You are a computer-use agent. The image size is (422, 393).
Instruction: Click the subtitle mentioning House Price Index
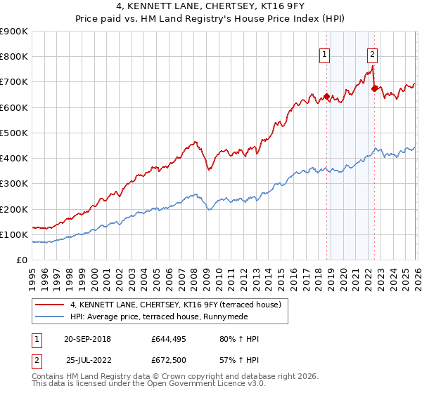[x=210, y=20]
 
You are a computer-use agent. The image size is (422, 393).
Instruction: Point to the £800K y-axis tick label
[x=13, y=57]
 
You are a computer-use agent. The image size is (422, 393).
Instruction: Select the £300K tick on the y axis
[x=13, y=184]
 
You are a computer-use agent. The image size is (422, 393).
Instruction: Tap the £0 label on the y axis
[x=21, y=260]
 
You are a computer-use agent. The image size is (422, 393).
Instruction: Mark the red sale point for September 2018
[x=326, y=96]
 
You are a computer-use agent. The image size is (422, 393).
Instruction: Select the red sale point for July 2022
[x=374, y=89]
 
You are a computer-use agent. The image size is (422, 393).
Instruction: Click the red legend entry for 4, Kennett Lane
[x=175, y=305]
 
